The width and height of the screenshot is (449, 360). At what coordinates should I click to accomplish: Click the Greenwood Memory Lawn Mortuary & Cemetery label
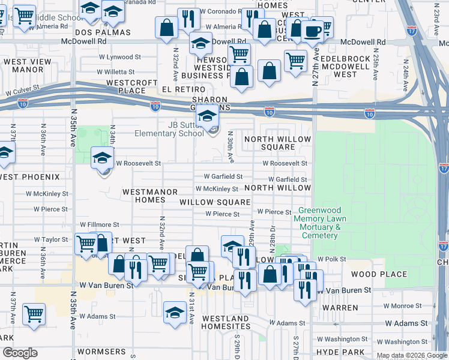pos(318,223)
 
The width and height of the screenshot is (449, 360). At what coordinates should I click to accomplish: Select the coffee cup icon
pos(312,31)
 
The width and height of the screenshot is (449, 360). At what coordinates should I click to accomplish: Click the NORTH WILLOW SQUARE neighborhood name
pos(277,143)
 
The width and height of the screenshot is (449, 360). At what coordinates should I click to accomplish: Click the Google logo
pos(20,353)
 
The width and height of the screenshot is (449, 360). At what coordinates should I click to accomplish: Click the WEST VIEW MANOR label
pos(28,65)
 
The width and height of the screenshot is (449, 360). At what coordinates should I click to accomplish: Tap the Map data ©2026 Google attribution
pos(411,355)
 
